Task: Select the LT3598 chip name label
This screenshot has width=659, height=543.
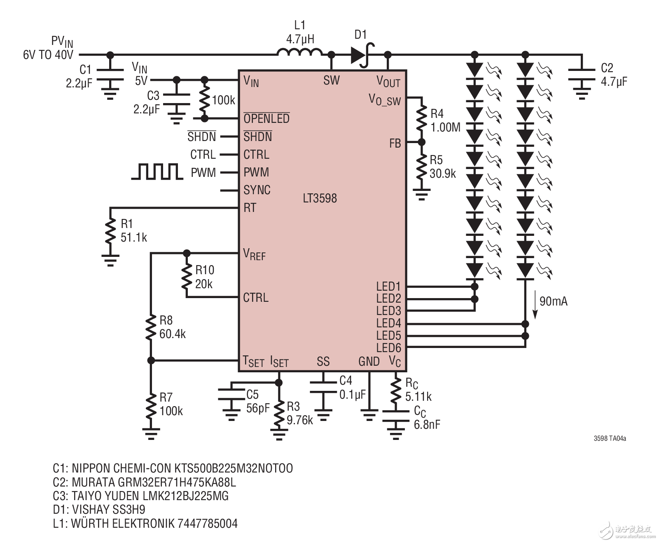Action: click(320, 198)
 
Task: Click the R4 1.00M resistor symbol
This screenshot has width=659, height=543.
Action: click(421, 119)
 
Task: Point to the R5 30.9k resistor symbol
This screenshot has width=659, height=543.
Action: click(421, 167)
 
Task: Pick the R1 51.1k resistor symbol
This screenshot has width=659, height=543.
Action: click(110, 231)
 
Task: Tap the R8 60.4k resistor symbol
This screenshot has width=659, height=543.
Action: click(151, 327)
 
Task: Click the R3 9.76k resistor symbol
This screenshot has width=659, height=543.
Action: click(279, 412)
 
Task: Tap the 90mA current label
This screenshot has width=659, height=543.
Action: click(553, 301)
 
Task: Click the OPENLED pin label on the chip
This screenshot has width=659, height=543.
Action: click(266, 119)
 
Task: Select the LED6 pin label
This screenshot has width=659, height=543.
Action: click(388, 348)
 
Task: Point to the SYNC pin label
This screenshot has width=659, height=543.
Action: click(257, 190)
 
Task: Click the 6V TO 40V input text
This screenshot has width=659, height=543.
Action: click(48, 54)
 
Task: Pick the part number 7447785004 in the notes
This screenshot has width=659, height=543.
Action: click(208, 524)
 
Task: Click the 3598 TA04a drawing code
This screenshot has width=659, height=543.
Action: click(610, 438)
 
